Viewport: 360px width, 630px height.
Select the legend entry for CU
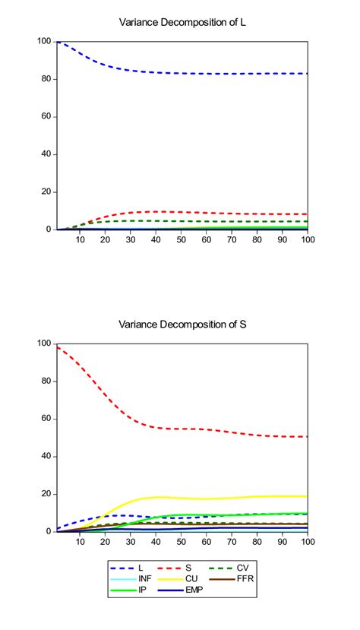click(191, 578)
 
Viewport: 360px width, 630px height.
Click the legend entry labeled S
click(191, 567)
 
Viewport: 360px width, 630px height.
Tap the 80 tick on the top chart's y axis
click(46, 78)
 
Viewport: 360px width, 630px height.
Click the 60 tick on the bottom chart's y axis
click(46, 419)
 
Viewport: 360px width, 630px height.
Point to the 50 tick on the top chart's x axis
click(181, 239)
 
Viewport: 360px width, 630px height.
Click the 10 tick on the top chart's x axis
click(81, 239)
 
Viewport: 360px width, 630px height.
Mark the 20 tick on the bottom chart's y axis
click(46, 494)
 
